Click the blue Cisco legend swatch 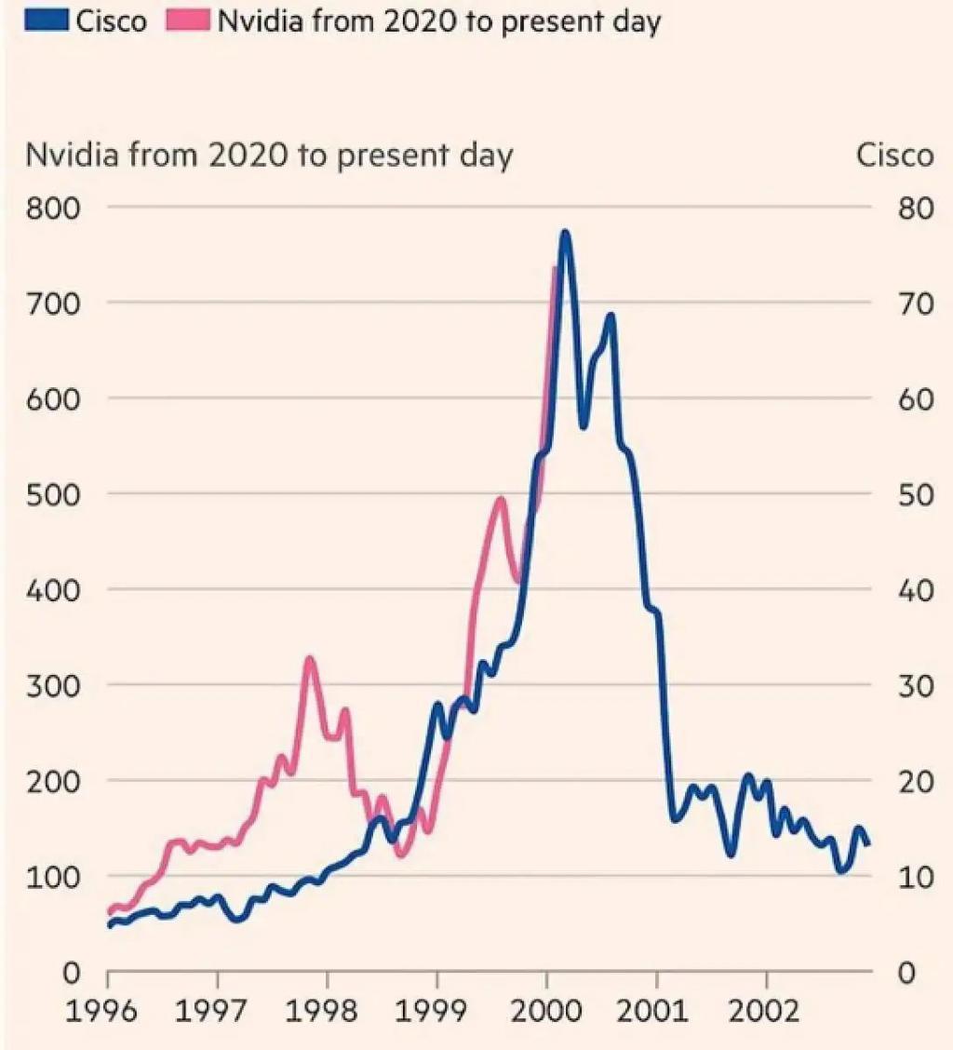click(x=47, y=20)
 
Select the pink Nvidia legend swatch click(x=187, y=20)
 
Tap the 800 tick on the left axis click(x=54, y=209)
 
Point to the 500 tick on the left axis click(x=54, y=495)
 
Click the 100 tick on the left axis click(x=54, y=877)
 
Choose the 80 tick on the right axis click(x=916, y=209)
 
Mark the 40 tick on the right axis click(x=916, y=590)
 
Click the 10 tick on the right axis click(x=916, y=877)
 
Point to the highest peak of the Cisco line click(x=565, y=233)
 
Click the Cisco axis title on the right click(x=894, y=155)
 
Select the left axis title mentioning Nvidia click(x=269, y=155)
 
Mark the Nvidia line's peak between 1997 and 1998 click(x=309, y=660)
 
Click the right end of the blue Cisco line click(x=868, y=843)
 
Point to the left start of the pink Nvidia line click(x=111, y=911)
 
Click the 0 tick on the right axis click(x=906, y=973)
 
